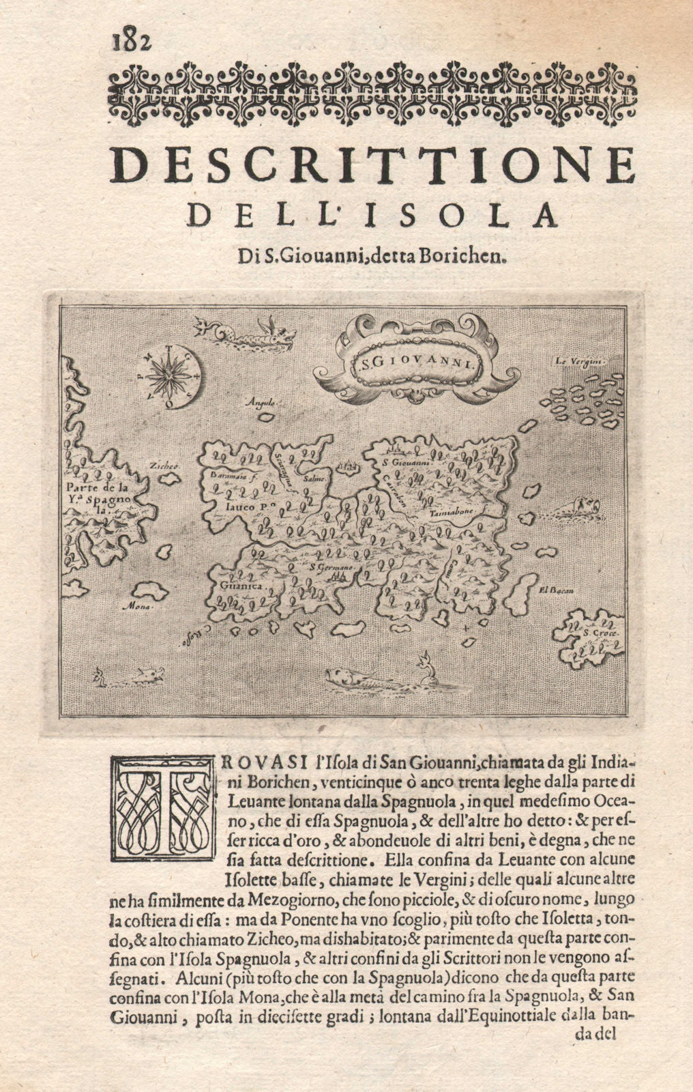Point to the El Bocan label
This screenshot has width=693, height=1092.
click(553, 591)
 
